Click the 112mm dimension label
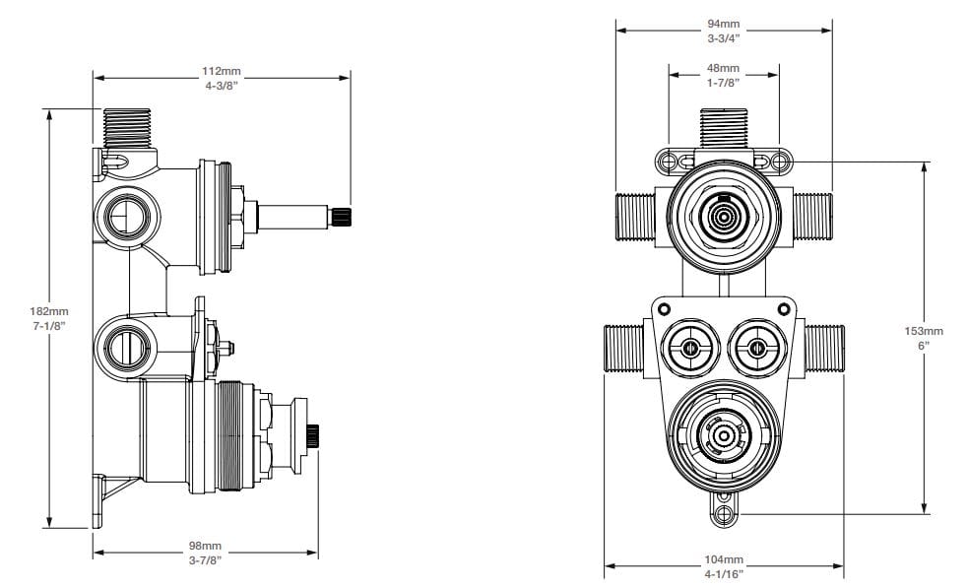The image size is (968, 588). (x=222, y=72)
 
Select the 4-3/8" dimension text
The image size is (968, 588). (x=222, y=87)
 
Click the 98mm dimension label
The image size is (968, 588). (x=205, y=545)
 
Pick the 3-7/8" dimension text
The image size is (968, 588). (x=205, y=559)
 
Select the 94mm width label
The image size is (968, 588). (x=724, y=24)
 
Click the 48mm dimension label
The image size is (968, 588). (x=724, y=68)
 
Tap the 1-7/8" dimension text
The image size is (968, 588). (x=724, y=83)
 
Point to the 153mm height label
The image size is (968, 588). (x=924, y=331)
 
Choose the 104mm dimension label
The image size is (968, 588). (x=724, y=558)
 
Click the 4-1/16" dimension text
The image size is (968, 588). (x=724, y=573)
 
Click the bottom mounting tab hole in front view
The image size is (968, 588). (x=724, y=513)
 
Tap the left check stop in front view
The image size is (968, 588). (x=690, y=347)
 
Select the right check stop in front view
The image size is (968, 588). (x=755, y=347)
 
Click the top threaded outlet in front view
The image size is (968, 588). (x=724, y=128)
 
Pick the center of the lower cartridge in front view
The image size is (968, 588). (x=724, y=433)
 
